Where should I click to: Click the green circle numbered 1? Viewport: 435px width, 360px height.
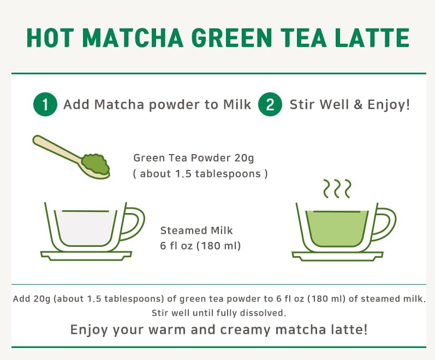[45, 104]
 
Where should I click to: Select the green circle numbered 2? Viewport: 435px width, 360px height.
[270, 104]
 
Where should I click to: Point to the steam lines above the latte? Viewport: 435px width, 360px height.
[336, 188]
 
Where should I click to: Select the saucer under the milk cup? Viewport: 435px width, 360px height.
[86, 255]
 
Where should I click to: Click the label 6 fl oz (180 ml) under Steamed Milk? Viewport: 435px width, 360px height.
[200, 246]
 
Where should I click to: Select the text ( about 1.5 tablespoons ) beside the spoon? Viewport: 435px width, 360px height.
[200, 174]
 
